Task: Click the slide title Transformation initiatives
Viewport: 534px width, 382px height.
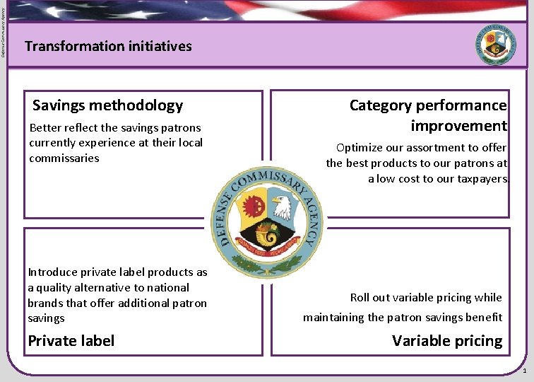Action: point(108,47)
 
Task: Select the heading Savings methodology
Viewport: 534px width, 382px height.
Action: point(107,106)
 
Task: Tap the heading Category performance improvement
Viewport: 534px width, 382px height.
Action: point(428,116)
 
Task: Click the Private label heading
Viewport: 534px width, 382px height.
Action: point(71,341)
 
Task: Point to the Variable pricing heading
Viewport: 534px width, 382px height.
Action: point(447,341)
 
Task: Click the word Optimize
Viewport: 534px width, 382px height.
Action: point(360,148)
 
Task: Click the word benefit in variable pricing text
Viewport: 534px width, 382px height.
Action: point(484,318)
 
